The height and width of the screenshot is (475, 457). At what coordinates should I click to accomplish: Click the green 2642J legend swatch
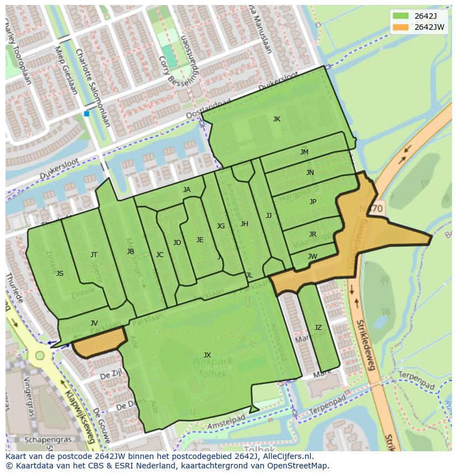401,16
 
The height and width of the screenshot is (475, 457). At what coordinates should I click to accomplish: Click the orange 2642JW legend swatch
401,27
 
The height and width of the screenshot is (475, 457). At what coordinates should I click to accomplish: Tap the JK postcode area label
277,119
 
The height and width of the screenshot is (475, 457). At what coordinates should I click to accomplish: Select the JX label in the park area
207,355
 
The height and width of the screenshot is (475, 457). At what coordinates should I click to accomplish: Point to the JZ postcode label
318,328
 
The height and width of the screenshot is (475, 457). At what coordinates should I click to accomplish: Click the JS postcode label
60,274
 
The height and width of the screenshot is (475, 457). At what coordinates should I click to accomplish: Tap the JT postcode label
94,255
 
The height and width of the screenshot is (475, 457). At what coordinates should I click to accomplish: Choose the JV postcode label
94,323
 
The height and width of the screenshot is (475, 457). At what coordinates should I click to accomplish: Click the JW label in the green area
312,257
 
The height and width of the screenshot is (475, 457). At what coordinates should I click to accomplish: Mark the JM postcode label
304,152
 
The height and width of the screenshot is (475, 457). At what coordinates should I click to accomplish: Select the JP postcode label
313,202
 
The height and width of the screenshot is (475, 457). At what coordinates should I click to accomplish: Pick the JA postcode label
187,190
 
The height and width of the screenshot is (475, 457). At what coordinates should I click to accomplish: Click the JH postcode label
244,224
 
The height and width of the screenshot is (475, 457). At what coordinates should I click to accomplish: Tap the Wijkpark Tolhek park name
212,367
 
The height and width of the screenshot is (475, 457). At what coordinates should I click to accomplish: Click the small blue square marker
86,114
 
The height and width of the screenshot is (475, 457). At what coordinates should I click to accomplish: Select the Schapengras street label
46,440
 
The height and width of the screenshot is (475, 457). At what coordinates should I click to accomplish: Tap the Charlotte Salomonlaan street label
92,88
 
